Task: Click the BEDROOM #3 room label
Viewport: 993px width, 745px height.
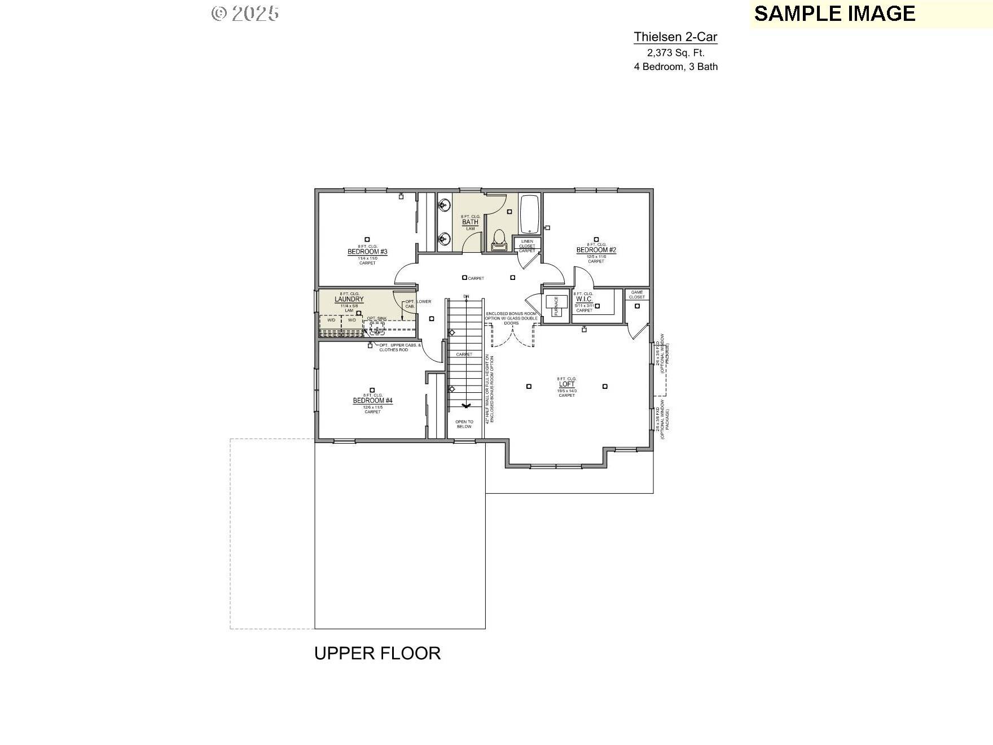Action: (367, 252)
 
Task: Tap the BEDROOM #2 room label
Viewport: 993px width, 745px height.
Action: (596, 250)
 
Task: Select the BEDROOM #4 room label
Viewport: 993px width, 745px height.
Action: (372, 401)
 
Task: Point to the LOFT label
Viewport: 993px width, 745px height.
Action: (566, 384)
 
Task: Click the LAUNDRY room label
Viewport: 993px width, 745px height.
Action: (349, 300)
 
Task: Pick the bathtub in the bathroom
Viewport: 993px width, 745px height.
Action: (530, 214)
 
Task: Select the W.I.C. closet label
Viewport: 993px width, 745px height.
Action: (584, 300)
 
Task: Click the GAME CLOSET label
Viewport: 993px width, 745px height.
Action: (637, 295)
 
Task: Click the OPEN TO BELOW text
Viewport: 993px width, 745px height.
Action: (464, 424)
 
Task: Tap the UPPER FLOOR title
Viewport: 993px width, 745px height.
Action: (377, 653)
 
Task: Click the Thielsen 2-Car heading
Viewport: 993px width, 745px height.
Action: (675, 37)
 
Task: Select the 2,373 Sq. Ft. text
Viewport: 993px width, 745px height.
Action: (675, 53)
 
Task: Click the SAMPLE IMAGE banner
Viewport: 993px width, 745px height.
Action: (834, 14)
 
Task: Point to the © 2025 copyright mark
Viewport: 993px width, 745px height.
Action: (245, 14)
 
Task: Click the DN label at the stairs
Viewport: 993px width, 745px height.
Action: (466, 296)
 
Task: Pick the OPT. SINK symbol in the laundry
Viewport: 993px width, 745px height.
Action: (377, 327)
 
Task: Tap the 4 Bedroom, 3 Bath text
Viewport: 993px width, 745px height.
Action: (675, 67)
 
